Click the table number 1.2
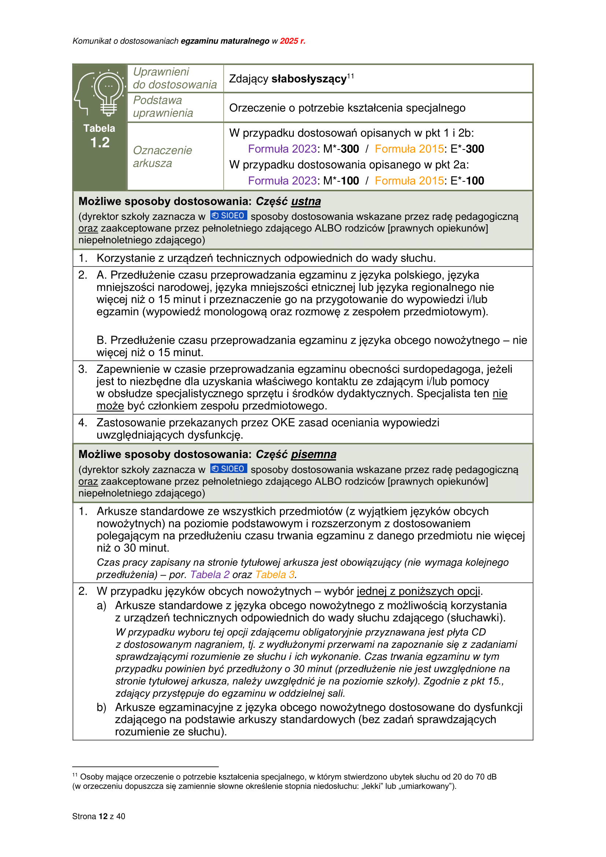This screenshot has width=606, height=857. [x=100, y=143]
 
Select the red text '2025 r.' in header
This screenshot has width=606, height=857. [x=292, y=41]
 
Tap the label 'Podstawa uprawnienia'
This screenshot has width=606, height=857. [x=163, y=107]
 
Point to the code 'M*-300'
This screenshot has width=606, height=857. [x=341, y=149]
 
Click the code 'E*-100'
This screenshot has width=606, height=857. [x=467, y=181]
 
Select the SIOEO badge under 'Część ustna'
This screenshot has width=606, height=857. [x=228, y=216]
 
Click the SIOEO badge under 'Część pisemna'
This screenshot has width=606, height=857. [x=228, y=469]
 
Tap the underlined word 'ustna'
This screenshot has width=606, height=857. [x=306, y=202]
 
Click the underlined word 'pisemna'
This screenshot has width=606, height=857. [x=314, y=454]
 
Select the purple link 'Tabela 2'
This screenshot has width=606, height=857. [x=210, y=575]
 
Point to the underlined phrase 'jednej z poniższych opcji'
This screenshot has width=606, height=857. [x=418, y=591]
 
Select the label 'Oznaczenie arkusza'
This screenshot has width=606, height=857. [x=162, y=157]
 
